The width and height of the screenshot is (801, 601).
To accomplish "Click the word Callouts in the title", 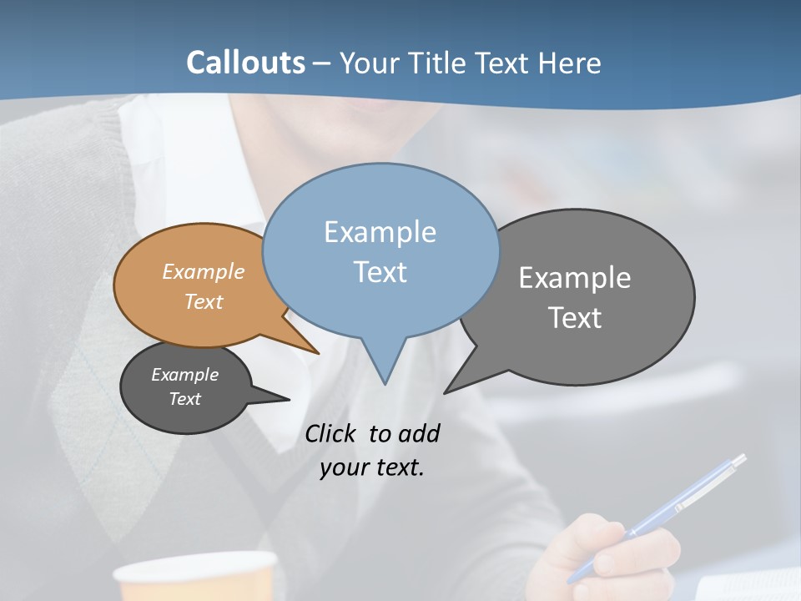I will (x=245, y=63).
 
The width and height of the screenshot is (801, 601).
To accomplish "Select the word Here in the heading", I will (x=570, y=63).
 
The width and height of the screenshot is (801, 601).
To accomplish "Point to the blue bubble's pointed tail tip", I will (x=385, y=383).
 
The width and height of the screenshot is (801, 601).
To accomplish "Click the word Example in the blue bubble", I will (x=380, y=232).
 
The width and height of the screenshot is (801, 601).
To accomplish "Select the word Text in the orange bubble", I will (x=204, y=302).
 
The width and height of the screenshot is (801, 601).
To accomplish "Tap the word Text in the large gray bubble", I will (x=575, y=318).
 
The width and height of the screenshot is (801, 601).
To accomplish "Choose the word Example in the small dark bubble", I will (x=184, y=375).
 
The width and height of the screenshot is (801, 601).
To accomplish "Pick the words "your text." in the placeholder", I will (x=372, y=467).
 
